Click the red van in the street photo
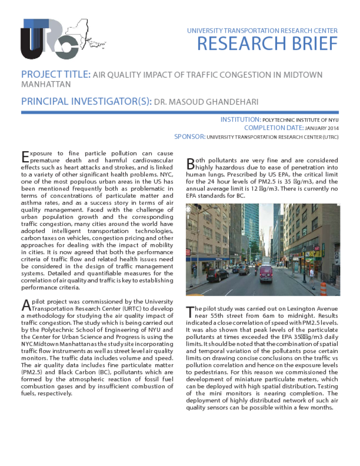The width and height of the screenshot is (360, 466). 266,274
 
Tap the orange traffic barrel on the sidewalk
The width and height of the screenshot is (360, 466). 324,288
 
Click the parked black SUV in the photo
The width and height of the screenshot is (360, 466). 217,275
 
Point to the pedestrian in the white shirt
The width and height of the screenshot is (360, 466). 312,274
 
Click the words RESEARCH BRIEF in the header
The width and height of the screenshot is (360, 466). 267,44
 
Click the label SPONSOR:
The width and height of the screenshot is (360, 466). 190,137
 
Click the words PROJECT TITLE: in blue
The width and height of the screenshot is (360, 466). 56,75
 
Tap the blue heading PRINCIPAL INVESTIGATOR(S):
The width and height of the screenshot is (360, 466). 86,101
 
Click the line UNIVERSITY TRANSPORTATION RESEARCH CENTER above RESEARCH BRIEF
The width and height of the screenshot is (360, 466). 262,31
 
